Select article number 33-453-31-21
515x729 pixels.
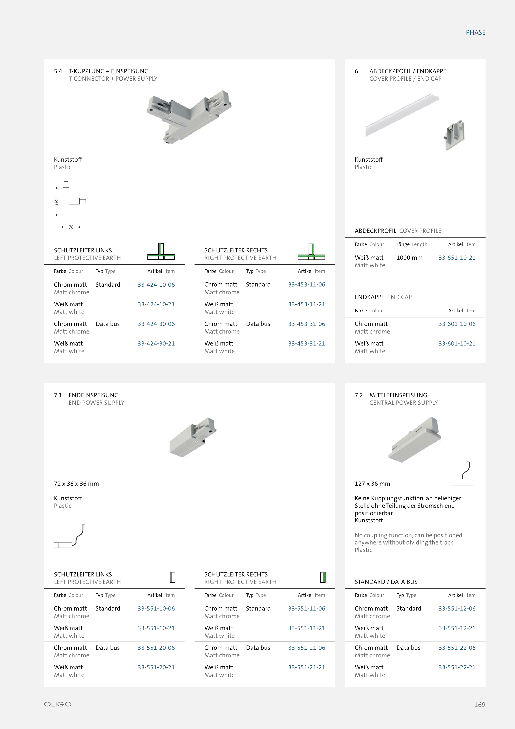[306, 343]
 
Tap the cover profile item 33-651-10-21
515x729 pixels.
[457, 258]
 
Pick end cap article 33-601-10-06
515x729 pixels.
[457, 324]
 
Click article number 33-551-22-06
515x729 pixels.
[457, 648]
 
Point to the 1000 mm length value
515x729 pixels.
[409, 258]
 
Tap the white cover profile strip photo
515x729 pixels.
[402, 115]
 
